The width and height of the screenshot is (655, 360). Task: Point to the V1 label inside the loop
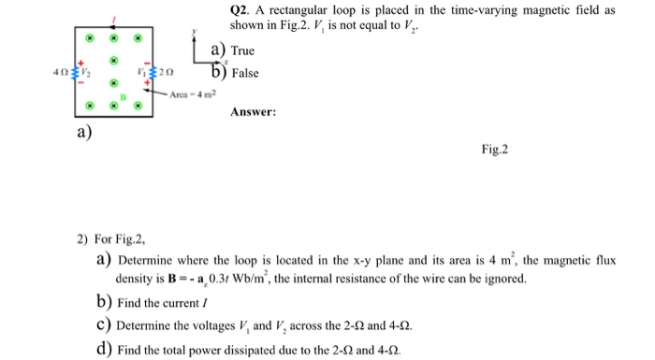[x=140, y=71]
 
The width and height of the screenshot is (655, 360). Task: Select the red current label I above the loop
[x=114, y=19]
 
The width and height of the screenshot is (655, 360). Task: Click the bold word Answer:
[x=253, y=112]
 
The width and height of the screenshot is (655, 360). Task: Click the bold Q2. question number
[x=241, y=10]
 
